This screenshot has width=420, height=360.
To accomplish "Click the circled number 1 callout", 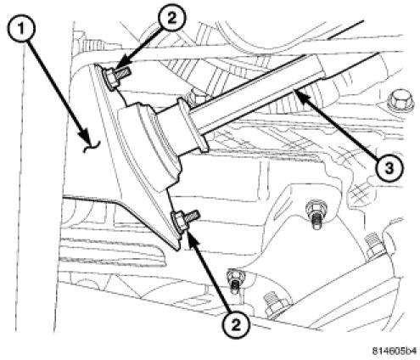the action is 21,29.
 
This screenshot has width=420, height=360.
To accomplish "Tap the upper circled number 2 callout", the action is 171,18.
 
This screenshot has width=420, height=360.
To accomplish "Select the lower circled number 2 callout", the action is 236,324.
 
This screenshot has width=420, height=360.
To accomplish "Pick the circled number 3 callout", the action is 389,169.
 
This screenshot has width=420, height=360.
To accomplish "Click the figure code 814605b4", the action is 394,351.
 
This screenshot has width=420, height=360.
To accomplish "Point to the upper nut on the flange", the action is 110,79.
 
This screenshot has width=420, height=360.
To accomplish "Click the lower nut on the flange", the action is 180,222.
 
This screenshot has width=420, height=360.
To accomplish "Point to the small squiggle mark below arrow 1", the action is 92,147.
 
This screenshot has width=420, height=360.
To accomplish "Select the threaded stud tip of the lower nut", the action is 193,216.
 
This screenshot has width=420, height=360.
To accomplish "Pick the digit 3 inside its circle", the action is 389,169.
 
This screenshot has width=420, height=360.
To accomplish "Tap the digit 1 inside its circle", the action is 22,29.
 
